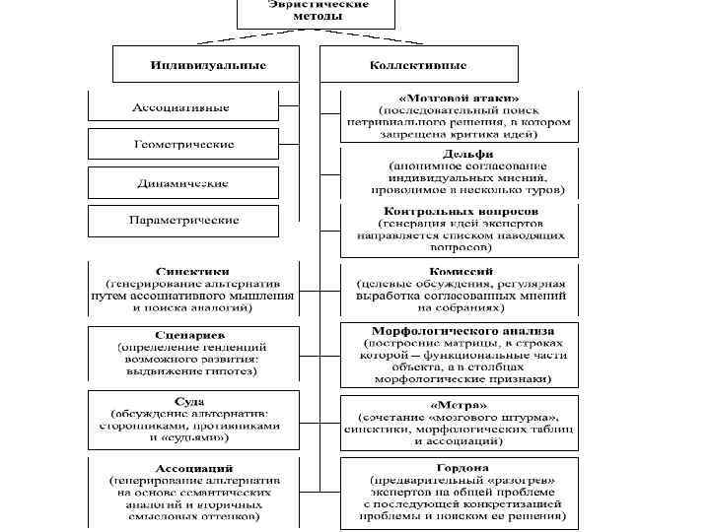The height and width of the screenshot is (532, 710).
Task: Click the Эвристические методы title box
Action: tap(316, 12)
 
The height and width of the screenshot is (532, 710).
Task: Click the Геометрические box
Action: tap(184, 145)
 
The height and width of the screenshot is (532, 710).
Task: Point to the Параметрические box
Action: tap(184, 221)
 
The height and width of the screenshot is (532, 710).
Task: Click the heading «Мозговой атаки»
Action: tap(459, 99)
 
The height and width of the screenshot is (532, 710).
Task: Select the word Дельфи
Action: tap(460, 153)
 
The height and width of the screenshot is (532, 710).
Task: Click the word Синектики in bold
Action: tap(192, 269)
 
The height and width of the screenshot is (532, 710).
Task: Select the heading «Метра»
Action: tap(458, 404)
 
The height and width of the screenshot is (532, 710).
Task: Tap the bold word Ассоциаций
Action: tap(192, 466)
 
